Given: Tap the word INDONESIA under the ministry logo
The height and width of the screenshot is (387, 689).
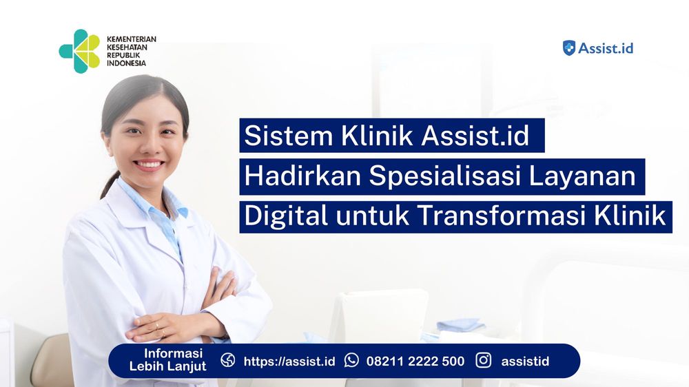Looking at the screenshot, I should pyautogui.click(x=127, y=63).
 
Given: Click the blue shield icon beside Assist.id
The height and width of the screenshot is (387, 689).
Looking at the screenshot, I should pyautogui.click(x=569, y=48).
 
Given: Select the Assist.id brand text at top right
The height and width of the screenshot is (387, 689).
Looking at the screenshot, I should pyautogui.click(x=606, y=48).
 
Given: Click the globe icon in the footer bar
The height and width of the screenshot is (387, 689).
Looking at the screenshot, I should pyautogui.click(x=228, y=361).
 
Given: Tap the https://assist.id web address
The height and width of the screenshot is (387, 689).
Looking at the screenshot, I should pyautogui.click(x=289, y=361).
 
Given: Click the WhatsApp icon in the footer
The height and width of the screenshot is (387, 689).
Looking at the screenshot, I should pyautogui.click(x=351, y=361).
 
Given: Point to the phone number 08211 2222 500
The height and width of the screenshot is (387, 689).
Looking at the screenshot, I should pyautogui.click(x=415, y=361).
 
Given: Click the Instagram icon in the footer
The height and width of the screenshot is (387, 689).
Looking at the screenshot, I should pyautogui.click(x=484, y=361).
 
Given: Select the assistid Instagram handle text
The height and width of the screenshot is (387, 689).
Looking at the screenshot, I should pyautogui.click(x=525, y=361).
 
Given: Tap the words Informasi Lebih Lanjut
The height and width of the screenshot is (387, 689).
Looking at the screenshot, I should pyautogui.click(x=167, y=361).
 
